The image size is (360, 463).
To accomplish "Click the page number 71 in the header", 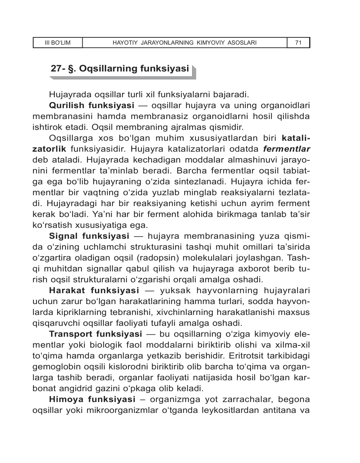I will (298, 43).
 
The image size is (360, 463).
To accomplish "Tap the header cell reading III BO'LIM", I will (58, 43).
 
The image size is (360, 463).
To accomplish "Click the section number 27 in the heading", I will (56, 69).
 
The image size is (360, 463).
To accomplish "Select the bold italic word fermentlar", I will (286, 149).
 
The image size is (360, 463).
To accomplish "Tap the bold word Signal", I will (63, 236).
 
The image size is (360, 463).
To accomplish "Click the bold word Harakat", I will (67, 291).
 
